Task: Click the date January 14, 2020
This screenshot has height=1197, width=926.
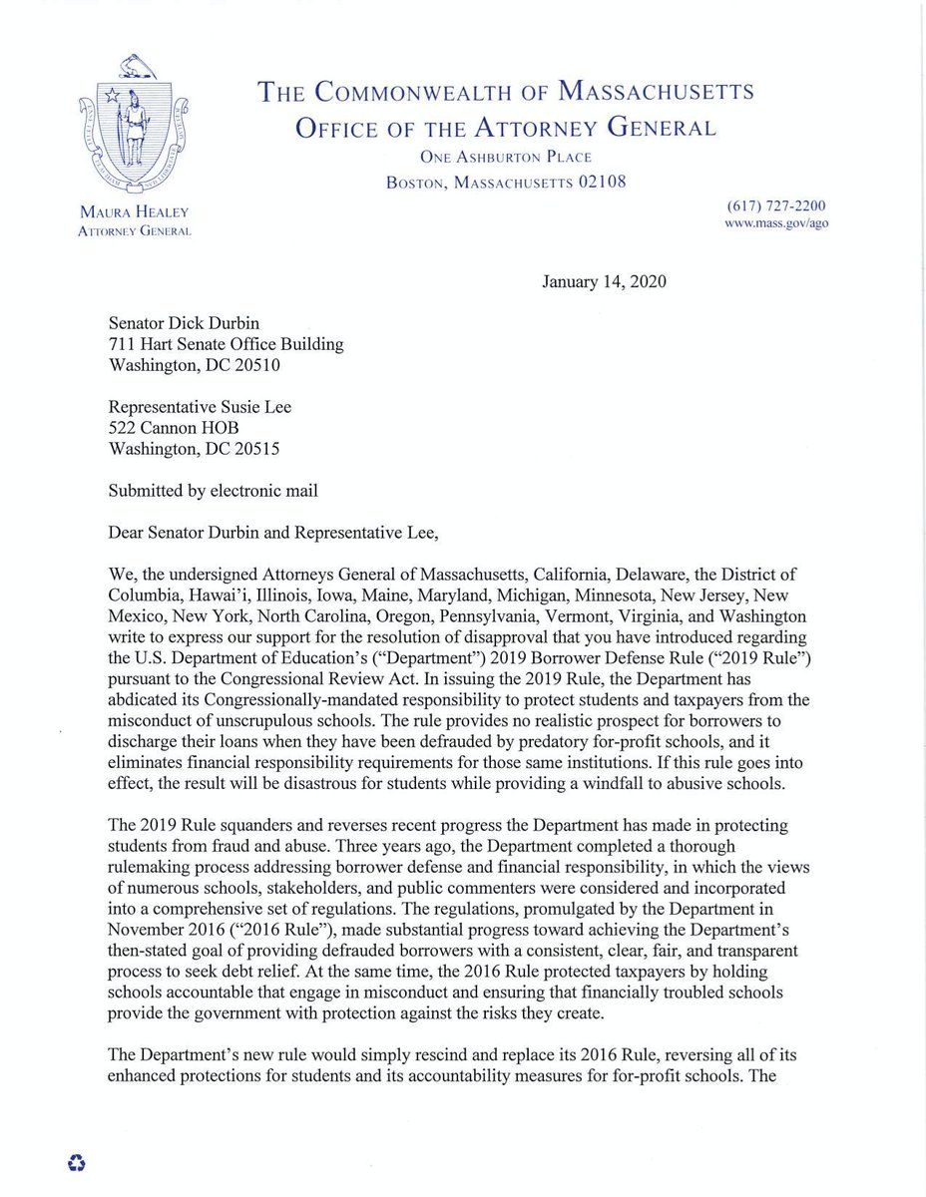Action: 605,281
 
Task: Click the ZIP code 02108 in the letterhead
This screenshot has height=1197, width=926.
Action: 595,181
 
